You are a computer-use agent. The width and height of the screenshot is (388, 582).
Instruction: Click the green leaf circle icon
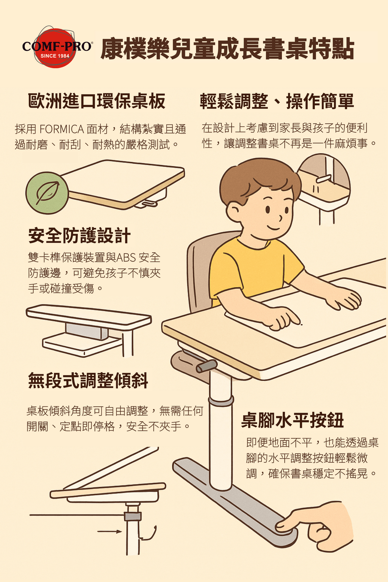47,193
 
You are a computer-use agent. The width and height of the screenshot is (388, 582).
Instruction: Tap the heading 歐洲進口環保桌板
96,101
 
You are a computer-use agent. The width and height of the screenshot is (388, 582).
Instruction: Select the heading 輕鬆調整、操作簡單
277,101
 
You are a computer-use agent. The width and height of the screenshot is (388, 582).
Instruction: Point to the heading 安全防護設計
79,235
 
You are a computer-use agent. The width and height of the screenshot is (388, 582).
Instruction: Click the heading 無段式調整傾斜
88,380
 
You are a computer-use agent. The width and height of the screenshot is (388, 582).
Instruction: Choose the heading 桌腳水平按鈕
293,420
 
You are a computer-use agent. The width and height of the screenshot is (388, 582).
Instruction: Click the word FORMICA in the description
62,129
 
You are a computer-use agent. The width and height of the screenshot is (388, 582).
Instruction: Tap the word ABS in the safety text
126,258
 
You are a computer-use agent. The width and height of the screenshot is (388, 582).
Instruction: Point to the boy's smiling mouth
274,228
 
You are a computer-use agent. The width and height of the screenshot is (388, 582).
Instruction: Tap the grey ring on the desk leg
221,401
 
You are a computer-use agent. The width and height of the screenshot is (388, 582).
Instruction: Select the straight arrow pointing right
110,531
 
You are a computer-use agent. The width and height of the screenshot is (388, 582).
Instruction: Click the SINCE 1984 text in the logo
55,56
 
